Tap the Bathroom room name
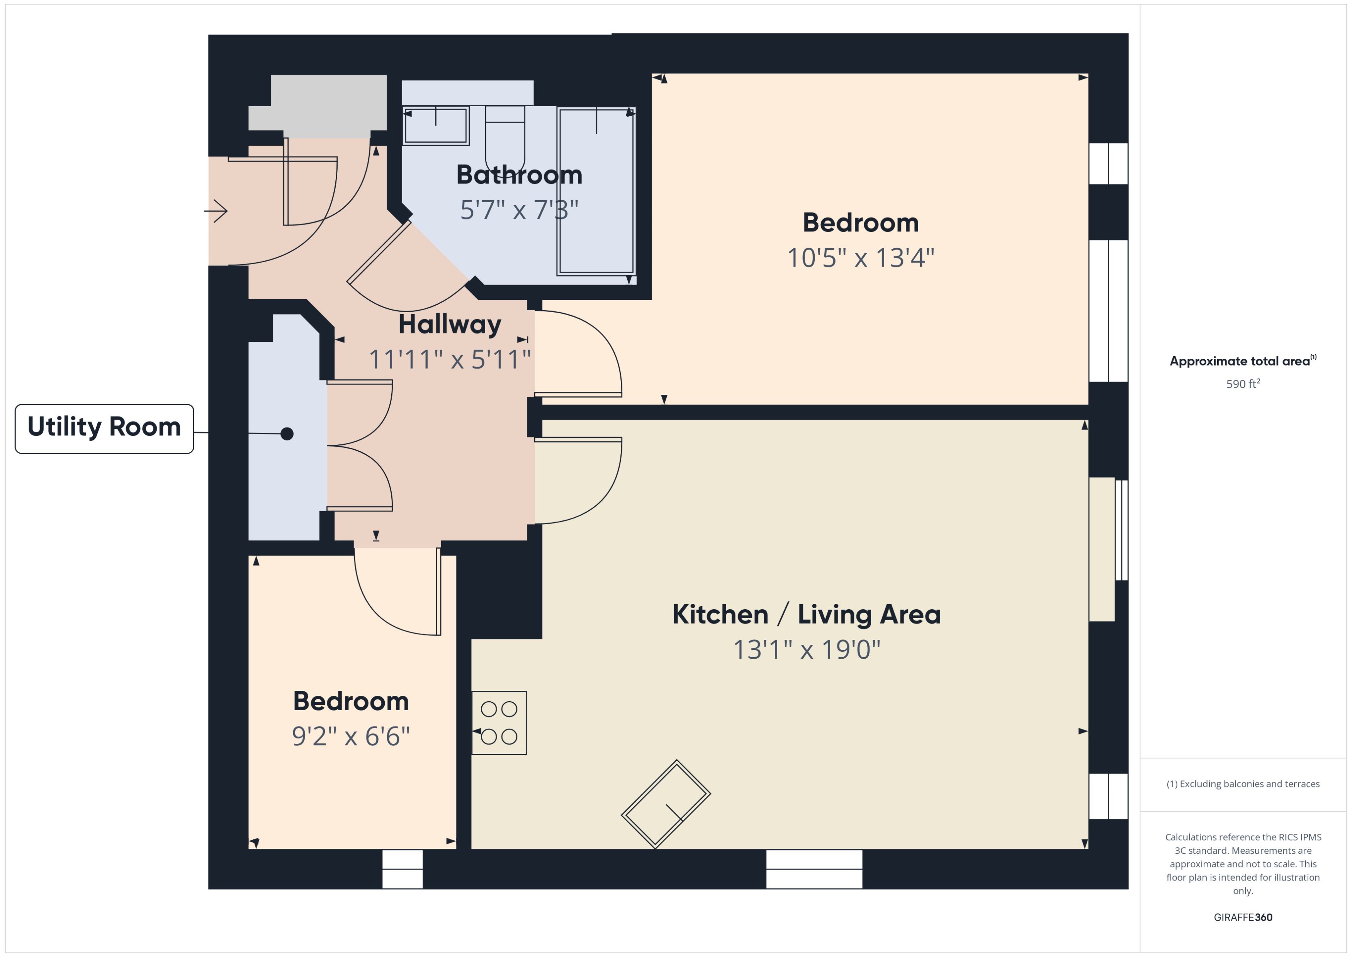coord(519,175)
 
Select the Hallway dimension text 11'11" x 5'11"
coord(450,359)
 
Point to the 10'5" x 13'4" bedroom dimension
coord(860,258)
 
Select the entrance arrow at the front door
coord(216,211)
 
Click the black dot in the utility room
coord(287,434)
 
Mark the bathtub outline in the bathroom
coord(596,192)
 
